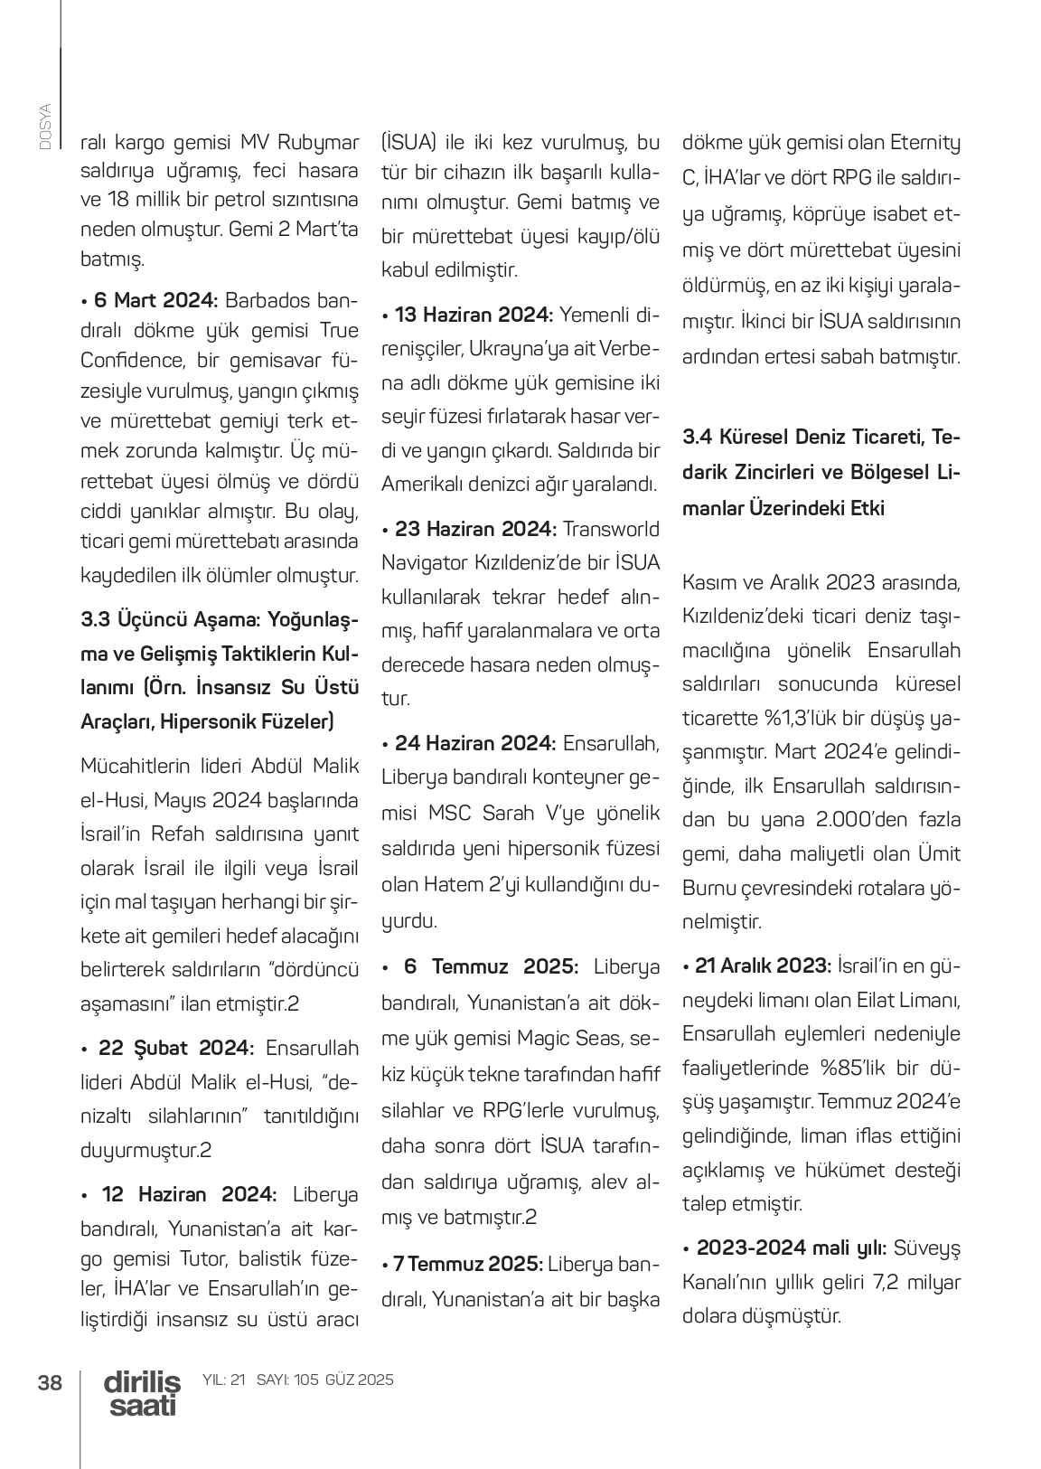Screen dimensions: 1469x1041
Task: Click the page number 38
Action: (50, 1382)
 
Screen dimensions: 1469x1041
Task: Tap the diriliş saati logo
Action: (142, 1393)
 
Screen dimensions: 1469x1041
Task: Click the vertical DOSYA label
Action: (45, 126)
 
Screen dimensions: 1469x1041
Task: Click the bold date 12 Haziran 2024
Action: (189, 1194)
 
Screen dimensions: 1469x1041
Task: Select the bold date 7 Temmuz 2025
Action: (467, 1263)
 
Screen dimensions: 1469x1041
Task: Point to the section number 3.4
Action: (699, 438)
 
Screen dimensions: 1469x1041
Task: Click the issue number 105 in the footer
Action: (307, 1380)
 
